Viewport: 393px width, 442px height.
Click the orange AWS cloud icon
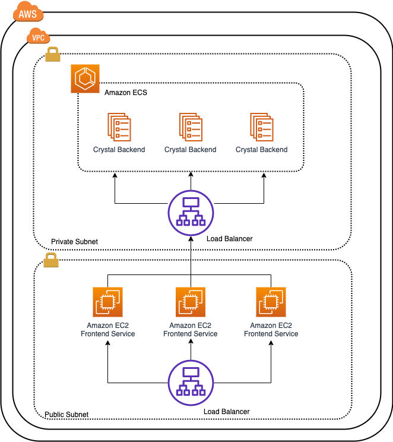point(28,12)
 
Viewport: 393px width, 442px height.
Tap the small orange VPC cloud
point(38,37)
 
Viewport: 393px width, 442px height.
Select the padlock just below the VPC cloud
point(53,55)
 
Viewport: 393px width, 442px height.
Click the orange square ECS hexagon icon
point(85,79)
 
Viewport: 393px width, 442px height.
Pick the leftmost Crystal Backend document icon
point(119,127)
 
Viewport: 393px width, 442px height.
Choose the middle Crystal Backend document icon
point(191,127)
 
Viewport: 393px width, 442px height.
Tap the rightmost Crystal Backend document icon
point(261,127)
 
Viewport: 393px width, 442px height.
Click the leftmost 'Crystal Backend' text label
point(119,150)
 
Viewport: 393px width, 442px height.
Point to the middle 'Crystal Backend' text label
point(190,150)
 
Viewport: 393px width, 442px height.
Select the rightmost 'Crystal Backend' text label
point(261,150)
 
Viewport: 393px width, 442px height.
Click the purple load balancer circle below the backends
point(191,213)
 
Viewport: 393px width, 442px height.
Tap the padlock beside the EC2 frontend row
point(51,260)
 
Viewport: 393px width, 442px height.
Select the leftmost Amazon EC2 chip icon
point(107,302)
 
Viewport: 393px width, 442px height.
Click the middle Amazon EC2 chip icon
point(191,302)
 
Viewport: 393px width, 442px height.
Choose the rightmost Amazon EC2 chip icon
point(271,302)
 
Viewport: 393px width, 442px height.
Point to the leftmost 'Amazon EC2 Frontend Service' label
point(107,330)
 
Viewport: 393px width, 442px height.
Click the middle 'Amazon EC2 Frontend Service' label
point(190,330)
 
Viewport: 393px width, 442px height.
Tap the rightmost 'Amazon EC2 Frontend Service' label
point(271,330)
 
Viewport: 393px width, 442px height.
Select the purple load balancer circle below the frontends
point(191,383)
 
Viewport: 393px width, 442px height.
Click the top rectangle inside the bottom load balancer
point(191,372)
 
